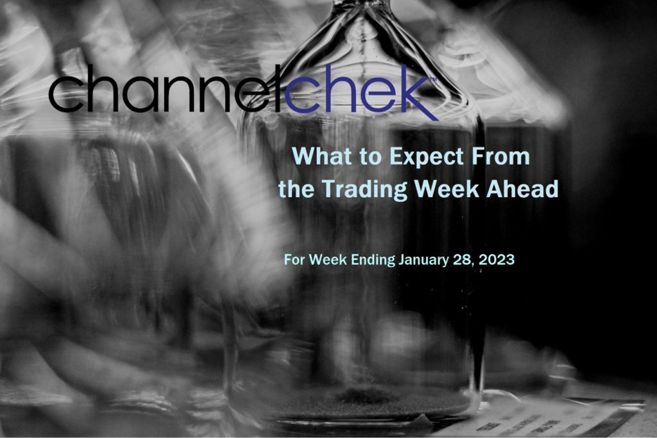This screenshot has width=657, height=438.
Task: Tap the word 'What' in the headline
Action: point(317,156)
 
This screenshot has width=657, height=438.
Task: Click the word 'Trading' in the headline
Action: point(365,189)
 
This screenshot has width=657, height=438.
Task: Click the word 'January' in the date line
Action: point(423,260)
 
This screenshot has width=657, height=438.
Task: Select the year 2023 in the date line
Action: point(497,259)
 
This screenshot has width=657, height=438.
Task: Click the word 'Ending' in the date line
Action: point(373,260)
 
